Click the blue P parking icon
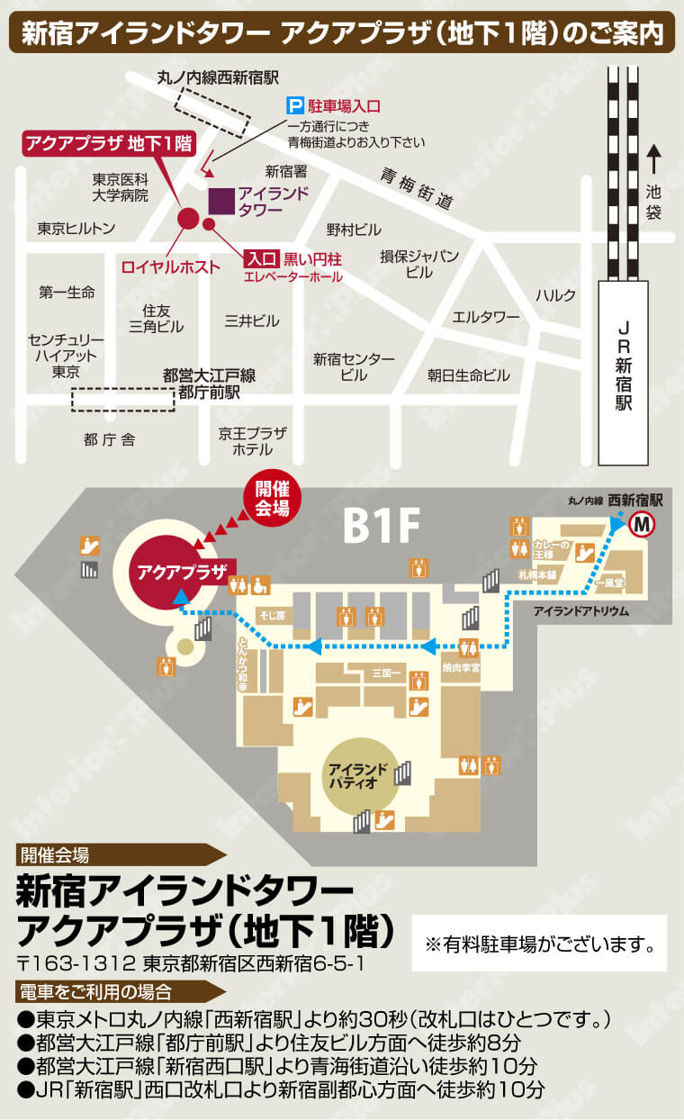(294, 105)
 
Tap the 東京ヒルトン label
(76, 229)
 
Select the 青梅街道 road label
(415, 188)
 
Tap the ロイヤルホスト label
(170, 266)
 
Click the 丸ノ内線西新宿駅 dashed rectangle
(211, 109)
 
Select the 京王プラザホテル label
(252, 440)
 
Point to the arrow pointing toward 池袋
(654, 159)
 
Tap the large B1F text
(381, 528)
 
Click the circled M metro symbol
(643, 524)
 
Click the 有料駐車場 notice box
(539, 944)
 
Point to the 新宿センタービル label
(354, 366)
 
